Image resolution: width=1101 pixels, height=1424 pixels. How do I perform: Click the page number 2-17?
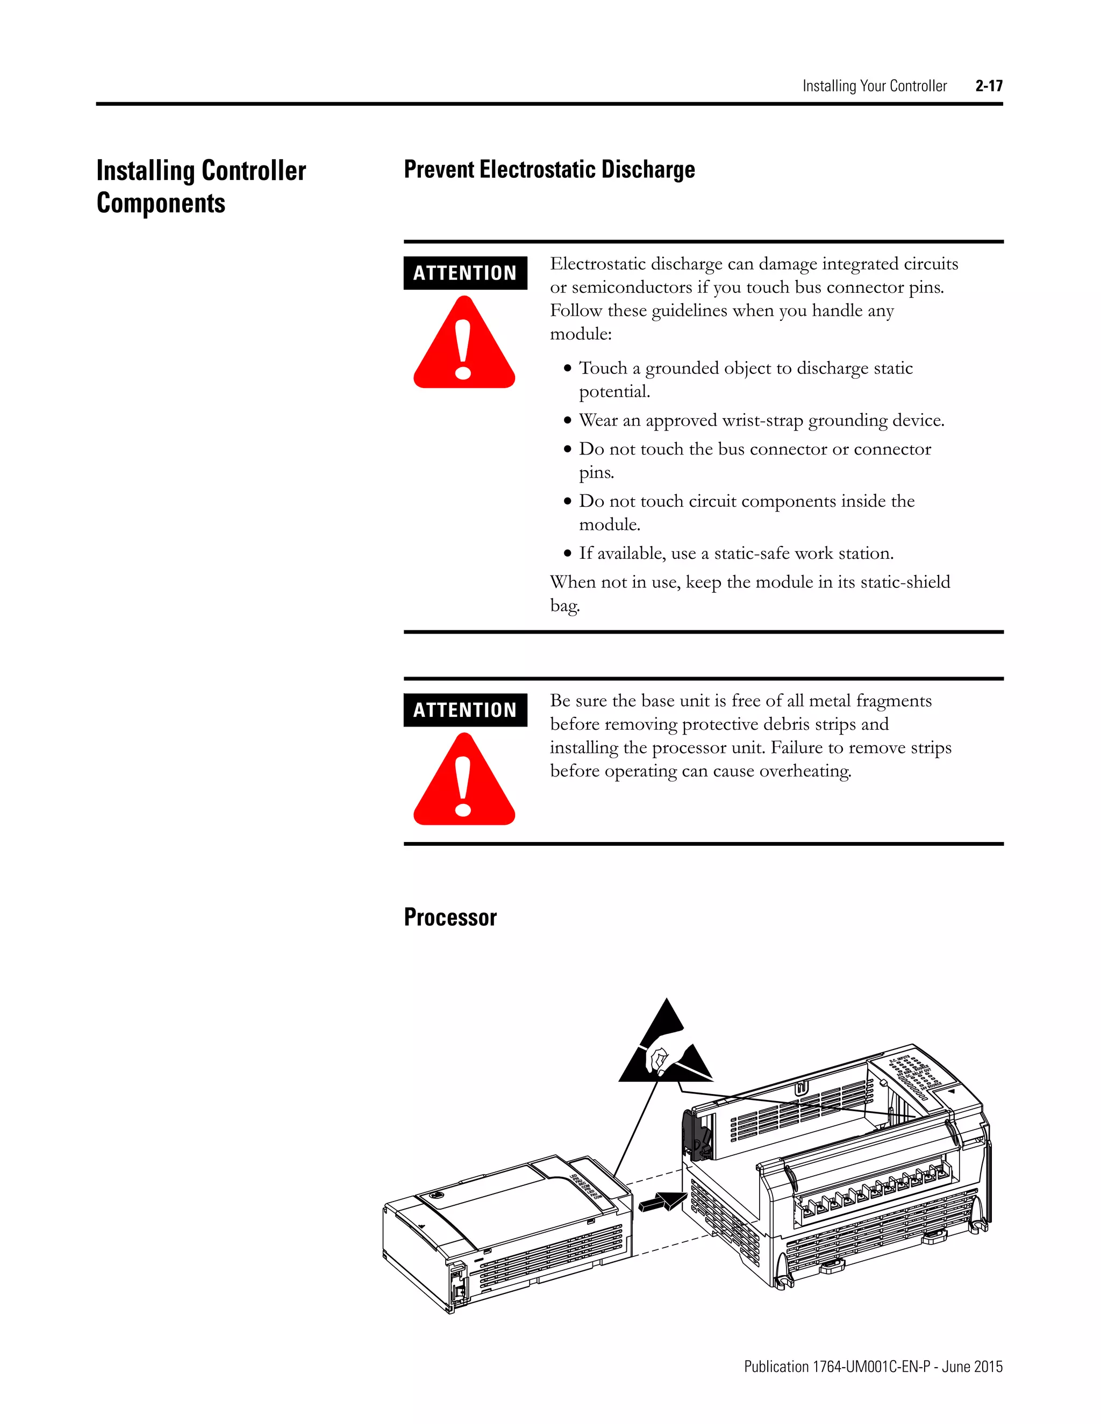989,86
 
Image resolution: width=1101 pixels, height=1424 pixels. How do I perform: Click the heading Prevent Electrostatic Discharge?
549,169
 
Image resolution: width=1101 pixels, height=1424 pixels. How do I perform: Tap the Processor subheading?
450,917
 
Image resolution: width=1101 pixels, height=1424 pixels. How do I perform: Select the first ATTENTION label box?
465,273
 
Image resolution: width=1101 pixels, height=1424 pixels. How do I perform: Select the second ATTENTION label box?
465,710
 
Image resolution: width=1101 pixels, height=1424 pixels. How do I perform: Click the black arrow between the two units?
662,1201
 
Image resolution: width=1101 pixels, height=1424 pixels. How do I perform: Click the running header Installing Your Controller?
874,86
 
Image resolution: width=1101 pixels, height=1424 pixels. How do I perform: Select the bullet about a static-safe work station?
736,553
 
